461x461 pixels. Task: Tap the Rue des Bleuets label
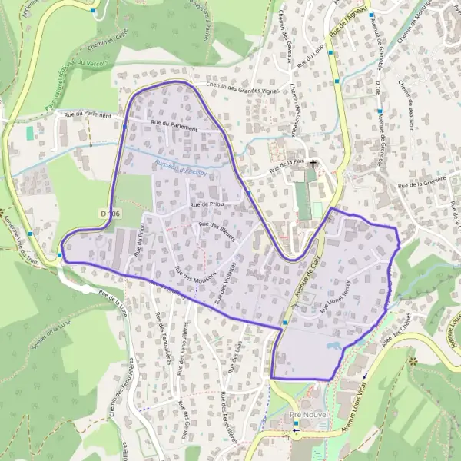point(217,234)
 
